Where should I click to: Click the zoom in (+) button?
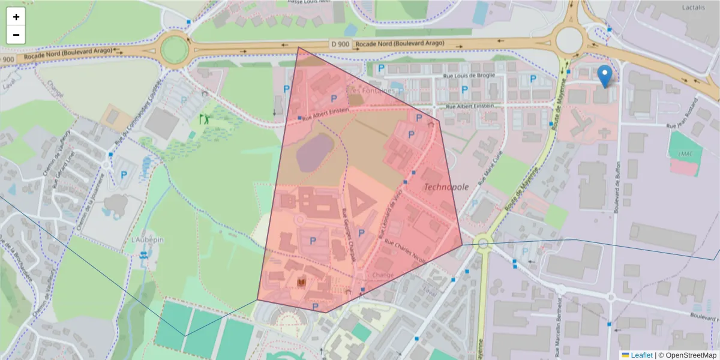[16, 17]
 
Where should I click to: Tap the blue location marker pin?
[605, 76]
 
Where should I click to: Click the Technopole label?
[446, 187]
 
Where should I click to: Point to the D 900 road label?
[340, 44]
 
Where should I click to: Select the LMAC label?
[685, 154]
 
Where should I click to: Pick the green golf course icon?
[205, 118]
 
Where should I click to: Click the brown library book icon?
[302, 282]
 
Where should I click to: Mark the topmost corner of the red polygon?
[298, 47]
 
